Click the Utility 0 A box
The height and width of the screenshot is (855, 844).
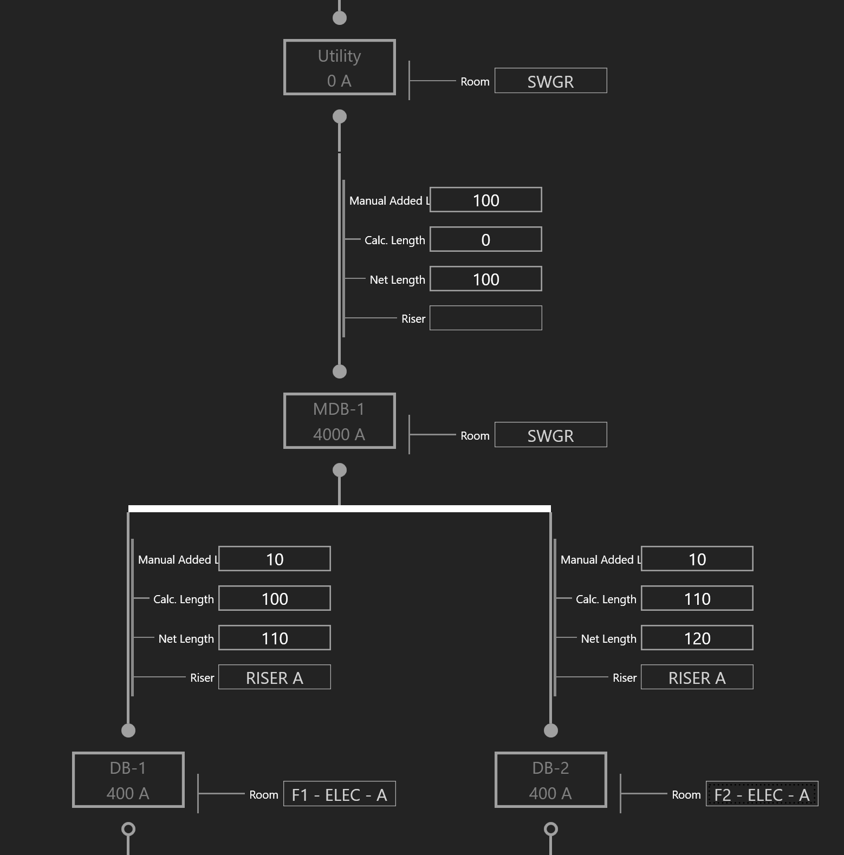point(340,68)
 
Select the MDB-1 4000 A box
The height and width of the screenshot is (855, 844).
point(340,421)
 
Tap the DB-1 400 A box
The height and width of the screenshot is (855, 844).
point(128,780)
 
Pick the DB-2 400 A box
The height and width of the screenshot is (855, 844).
point(551,780)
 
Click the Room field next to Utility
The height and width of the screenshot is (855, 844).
point(550,81)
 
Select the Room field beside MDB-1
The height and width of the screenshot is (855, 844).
point(550,435)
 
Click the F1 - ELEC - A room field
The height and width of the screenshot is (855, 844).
point(340,794)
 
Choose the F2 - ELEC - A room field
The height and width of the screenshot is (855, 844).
point(762,794)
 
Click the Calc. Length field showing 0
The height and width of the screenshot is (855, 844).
point(486,239)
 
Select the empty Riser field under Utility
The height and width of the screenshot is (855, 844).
point(486,318)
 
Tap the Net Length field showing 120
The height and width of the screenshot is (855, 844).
point(697,638)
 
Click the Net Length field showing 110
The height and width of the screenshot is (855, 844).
point(275,638)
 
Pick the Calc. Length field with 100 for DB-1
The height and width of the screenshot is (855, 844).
point(275,598)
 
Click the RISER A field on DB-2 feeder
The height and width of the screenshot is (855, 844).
point(697,677)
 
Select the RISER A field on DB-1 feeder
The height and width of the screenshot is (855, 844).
point(275,677)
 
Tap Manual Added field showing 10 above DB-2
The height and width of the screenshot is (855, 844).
point(697,559)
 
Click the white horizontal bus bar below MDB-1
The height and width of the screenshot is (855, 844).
point(340,509)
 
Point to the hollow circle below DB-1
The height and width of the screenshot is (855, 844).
point(128,829)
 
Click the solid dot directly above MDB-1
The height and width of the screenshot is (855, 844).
point(340,371)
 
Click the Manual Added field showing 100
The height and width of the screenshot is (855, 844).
point(486,200)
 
